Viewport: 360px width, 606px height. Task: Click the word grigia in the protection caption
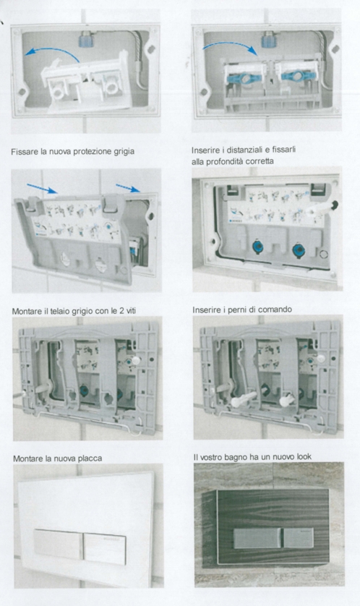click(124, 152)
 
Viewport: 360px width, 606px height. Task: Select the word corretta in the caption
click(260, 161)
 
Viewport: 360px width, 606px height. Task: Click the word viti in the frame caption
click(130, 311)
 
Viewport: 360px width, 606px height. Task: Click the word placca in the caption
click(90, 458)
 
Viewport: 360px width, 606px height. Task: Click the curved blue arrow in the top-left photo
click(52, 52)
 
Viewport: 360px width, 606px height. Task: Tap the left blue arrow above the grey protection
click(42, 189)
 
